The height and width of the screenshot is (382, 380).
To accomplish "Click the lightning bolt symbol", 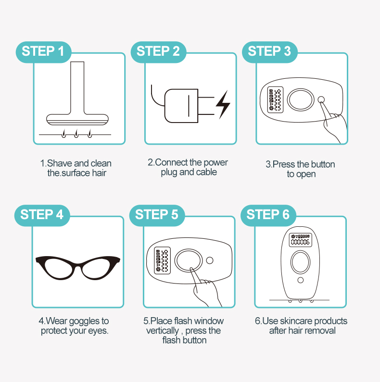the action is (x=223, y=105).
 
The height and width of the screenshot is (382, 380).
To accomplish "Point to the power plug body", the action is (x=181, y=106).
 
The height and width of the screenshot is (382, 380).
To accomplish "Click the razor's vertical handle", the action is (x=77, y=88).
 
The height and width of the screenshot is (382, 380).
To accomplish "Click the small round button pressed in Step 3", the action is (x=321, y=99).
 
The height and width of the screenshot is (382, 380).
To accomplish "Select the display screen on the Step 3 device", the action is (x=275, y=99).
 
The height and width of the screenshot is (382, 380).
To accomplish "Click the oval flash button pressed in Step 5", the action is (x=188, y=260).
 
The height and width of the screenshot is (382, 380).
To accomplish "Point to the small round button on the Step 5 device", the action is (x=210, y=260).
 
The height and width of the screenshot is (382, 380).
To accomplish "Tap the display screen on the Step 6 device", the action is (x=300, y=240).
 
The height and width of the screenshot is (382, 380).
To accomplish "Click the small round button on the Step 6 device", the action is (x=301, y=280).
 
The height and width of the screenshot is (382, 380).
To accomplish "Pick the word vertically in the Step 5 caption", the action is (x=163, y=331).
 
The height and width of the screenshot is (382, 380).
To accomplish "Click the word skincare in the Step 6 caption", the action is (x=292, y=321).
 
